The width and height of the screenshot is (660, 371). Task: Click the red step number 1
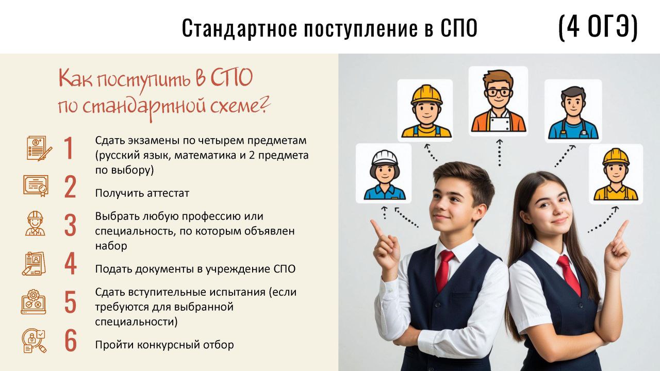pyautogui.click(x=69, y=148)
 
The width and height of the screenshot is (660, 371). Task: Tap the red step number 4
pyautogui.click(x=71, y=263)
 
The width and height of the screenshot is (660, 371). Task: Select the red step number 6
pyautogui.click(x=71, y=341)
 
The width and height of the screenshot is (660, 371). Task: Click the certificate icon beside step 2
pyautogui.click(x=36, y=186)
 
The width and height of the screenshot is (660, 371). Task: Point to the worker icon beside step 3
pyautogui.click(x=36, y=224)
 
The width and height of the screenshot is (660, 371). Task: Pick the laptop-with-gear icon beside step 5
pyautogui.click(x=34, y=302)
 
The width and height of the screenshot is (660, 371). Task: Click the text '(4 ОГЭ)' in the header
pyautogui.click(x=598, y=28)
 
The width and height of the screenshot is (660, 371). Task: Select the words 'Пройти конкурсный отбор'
pyautogui.click(x=164, y=345)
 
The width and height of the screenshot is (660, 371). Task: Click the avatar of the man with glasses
pyautogui.click(x=498, y=101)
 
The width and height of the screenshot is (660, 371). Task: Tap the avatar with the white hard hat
pyautogui.click(x=384, y=173)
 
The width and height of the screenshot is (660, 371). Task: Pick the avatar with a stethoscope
pyautogui.click(x=573, y=111)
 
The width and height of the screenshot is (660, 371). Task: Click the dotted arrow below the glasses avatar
pyautogui.click(x=499, y=153)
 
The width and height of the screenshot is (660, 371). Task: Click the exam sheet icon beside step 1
pyautogui.click(x=39, y=148)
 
